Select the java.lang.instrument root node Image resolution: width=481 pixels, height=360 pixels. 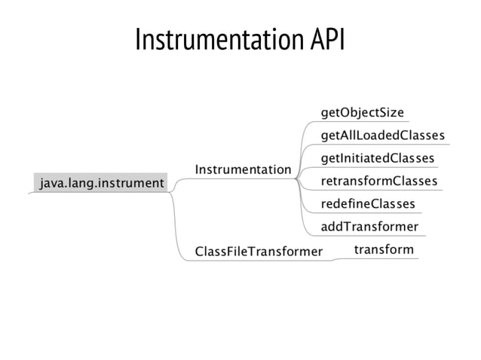click(101, 182)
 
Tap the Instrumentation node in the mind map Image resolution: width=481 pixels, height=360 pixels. click(242, 170)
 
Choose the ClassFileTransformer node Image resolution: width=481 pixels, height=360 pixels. click(259, 251)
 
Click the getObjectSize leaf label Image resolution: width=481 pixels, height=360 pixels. click(362, 113)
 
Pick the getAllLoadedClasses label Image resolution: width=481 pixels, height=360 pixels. click(382, 136)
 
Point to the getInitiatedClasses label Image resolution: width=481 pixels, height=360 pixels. click(377, 158)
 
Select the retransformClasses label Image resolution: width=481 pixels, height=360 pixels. click(378, 182)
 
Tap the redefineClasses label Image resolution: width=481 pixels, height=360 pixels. click(367, 204)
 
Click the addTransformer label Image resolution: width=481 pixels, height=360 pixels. click(369, 227)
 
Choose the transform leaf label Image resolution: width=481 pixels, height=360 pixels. click(383, 249)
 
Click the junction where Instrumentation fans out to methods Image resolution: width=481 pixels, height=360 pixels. click(297, 179)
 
